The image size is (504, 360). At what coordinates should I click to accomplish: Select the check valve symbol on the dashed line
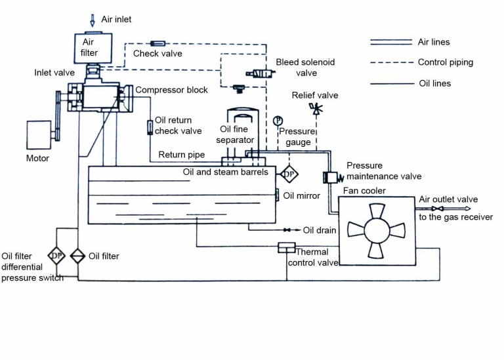pos(158,44)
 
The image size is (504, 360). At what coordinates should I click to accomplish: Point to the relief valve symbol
pos(317,110)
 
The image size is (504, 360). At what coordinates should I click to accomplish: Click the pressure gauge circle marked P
pos(278,120)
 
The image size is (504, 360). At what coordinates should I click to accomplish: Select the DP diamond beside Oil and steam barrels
pos(289,174)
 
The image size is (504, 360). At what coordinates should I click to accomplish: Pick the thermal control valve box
pos(287,247)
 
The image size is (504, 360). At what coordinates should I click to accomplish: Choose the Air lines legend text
pos(434,42)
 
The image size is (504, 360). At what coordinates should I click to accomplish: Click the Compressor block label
pos(171,90)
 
